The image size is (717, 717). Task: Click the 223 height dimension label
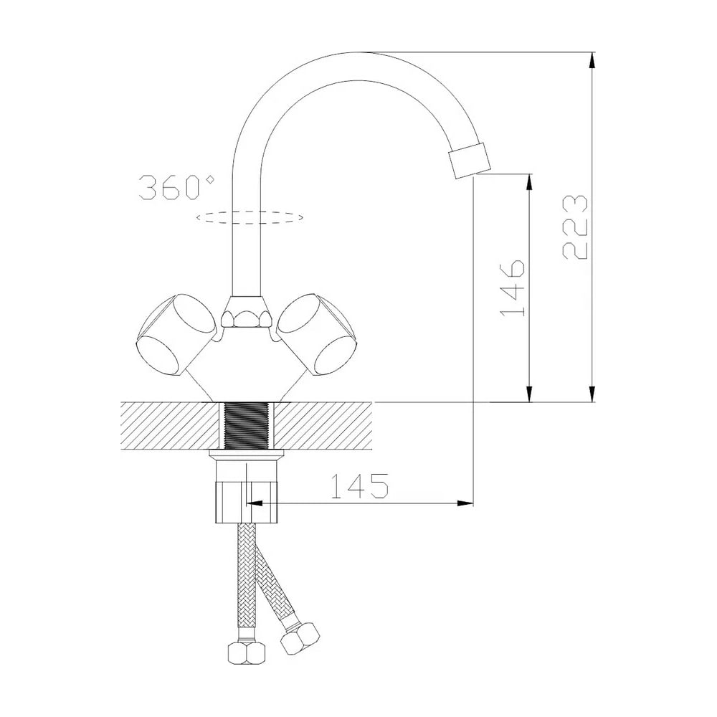coord(574,227)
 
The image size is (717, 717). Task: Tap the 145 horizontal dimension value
coord(359,485)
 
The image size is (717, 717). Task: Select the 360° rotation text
coord(176,186)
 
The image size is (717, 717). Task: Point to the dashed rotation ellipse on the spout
coord(250,217)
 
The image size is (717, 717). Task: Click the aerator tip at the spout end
coord(470,161)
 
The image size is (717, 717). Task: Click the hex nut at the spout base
coord(247,312)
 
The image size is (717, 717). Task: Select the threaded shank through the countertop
coord(247,425)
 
